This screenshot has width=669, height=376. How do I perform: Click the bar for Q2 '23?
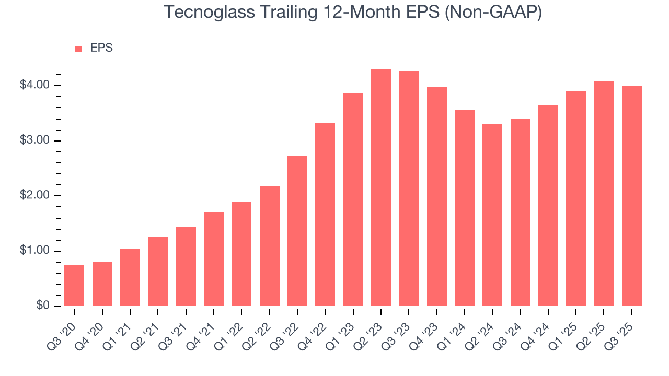(381, 188)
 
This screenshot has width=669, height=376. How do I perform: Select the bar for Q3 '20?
(74, 286)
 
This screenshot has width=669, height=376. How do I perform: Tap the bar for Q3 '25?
(632, 196)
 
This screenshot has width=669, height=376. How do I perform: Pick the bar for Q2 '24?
(492, 215)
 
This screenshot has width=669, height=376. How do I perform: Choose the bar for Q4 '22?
(325, 215)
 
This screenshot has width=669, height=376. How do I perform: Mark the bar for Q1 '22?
(241, 254)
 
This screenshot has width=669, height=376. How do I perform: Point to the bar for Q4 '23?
(437, 196)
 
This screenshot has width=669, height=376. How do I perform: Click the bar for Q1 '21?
(130, 277)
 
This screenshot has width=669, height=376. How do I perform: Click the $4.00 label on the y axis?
(34, 85)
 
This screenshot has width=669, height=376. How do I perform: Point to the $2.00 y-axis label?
(34, 196)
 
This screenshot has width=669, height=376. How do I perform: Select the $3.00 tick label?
(34, 140)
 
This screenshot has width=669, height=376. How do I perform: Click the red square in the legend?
(78, 49)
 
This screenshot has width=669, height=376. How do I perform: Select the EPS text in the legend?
(101, 48)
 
